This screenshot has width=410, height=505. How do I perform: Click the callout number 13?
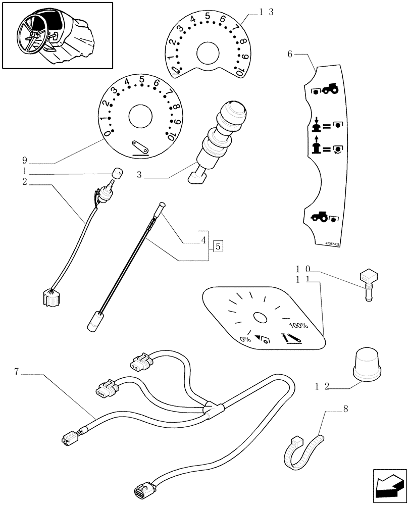[x=266, y=13]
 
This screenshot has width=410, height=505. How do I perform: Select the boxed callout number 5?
[x=218, y=246]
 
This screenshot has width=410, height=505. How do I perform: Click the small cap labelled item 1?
[x=117, y=172]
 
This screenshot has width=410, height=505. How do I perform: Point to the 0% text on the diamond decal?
[x=246, y=339]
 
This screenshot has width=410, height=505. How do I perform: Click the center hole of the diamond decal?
[x=261, y=318]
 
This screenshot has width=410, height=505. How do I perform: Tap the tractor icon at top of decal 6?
[x=330, y=89]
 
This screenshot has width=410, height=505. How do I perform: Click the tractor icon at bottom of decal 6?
[x=319, y=217]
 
